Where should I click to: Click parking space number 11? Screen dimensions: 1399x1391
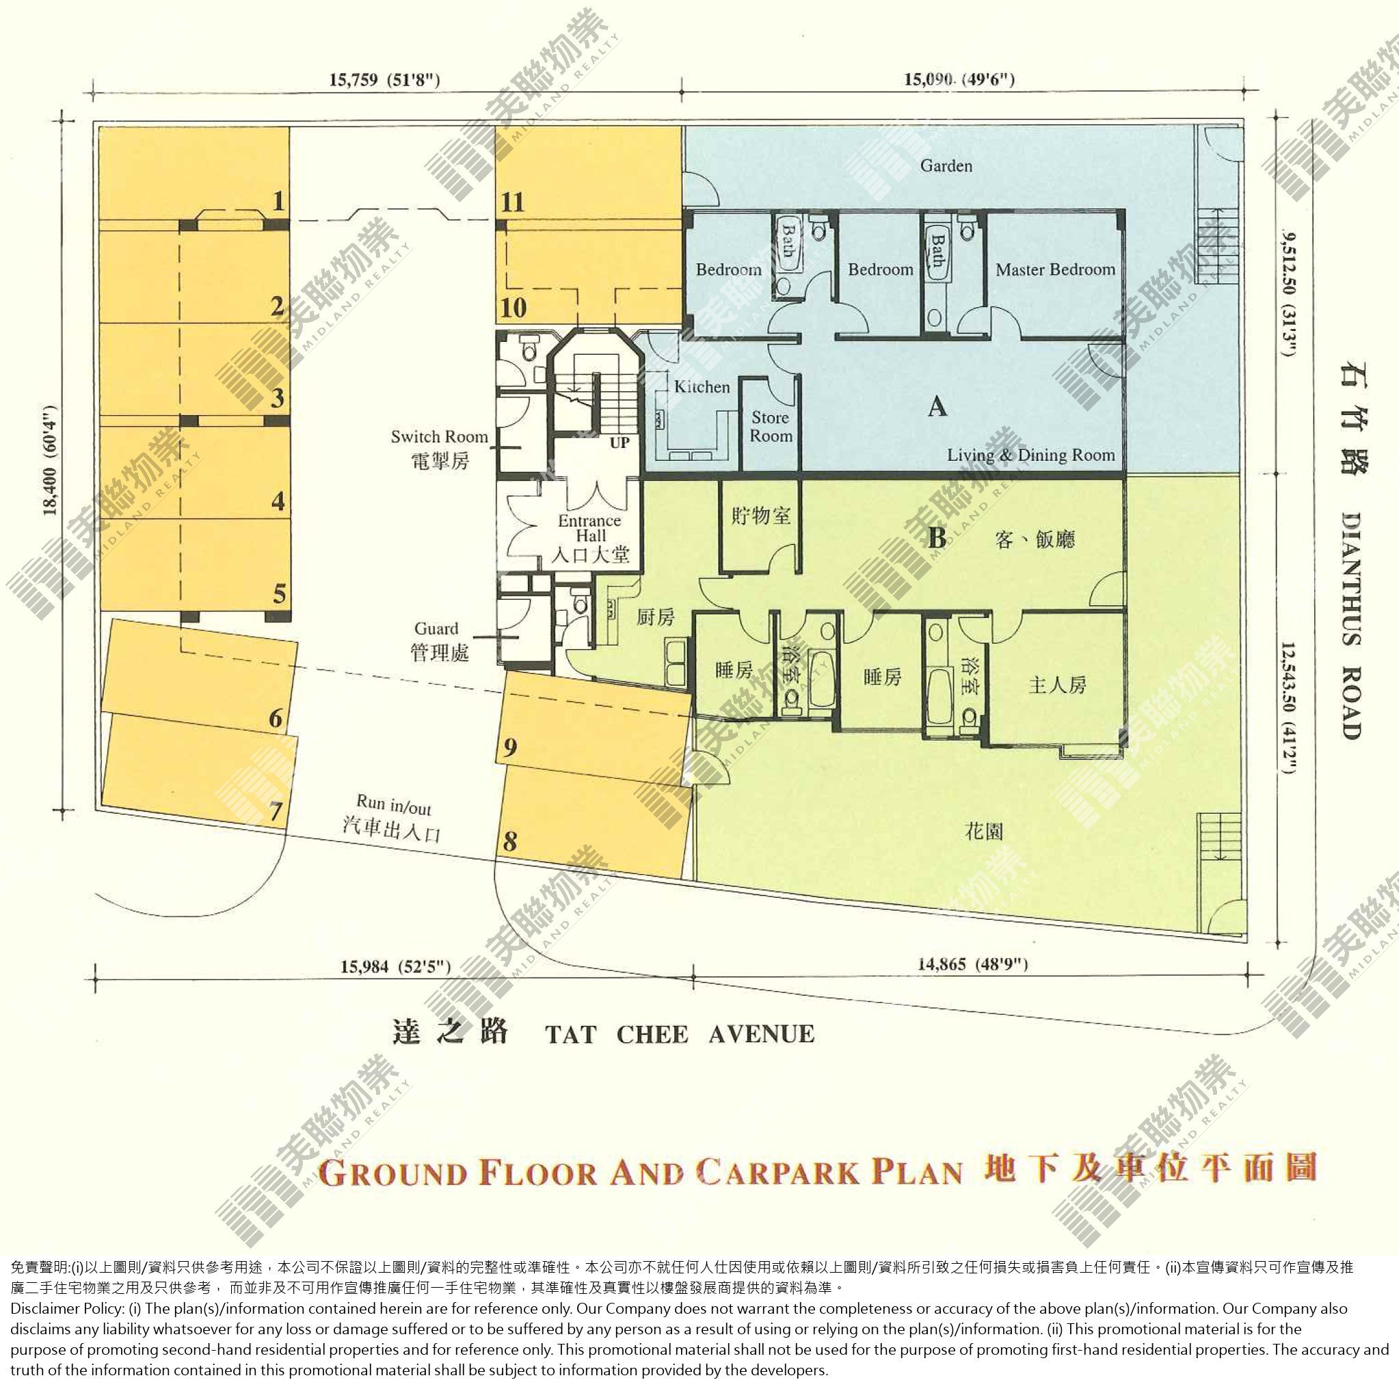point(512,201)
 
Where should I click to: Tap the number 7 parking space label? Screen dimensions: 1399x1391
point(275,812)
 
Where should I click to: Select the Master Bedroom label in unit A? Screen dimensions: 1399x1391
point(1055,270)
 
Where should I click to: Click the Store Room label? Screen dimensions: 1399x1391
point(771,427)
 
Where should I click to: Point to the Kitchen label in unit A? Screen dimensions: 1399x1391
point(702,386)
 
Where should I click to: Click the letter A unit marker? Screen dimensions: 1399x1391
point(937,407)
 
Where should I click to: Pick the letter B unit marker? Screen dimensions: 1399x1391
point(937,538)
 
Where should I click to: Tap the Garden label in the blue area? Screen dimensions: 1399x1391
point(946,165)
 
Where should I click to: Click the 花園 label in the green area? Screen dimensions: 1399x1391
point(984,832)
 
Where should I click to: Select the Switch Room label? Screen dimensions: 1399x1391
point(440,436)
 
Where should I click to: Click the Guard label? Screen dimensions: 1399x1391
point(436,628)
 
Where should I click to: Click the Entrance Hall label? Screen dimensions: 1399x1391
point(590,529)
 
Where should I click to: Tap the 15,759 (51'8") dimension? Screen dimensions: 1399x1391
point(384,79)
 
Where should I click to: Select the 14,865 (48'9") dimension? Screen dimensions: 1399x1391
point(972,964)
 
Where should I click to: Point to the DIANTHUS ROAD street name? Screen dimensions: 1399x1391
point(1351,626)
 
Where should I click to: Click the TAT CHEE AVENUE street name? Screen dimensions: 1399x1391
point(680,1034)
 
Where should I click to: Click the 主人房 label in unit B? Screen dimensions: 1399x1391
point(1057,685)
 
